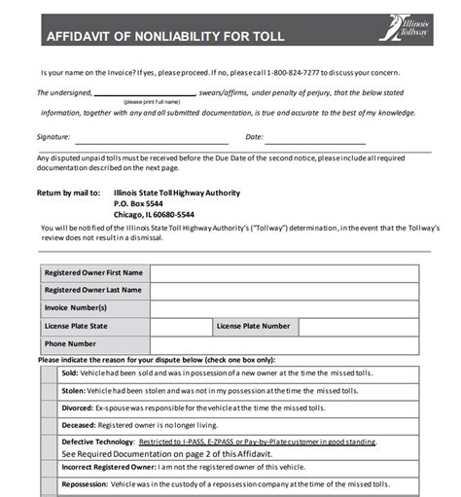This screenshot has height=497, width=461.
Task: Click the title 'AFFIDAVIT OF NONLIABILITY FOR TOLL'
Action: (164, 37)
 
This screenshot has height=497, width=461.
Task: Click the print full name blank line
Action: (152, 94)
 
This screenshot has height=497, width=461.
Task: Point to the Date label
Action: (255, 137)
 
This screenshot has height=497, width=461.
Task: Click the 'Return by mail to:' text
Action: (68, 193)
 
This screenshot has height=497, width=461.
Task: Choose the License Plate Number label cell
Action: (253, 326)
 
